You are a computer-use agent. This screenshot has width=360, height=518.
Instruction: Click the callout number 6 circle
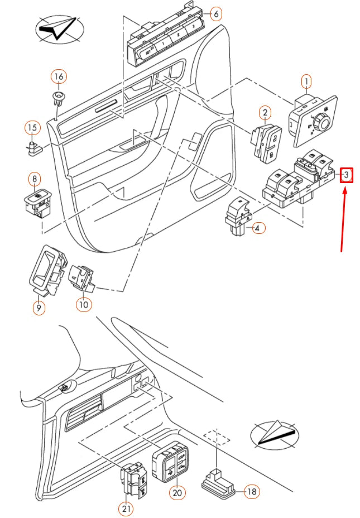tap(216, 13)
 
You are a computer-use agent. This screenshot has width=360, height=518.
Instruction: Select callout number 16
tap(59, 76)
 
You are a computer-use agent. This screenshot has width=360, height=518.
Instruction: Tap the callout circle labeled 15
tap(33, 128)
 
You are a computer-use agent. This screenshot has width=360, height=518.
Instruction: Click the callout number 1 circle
tap(306, 82)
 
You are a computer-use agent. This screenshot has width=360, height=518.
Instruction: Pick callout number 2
tap(265, 113)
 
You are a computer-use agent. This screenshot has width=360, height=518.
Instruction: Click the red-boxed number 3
tap(347, 176)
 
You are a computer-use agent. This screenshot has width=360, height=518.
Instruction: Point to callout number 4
tap(257, 228)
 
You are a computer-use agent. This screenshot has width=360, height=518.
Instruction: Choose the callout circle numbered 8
tap(35, 179)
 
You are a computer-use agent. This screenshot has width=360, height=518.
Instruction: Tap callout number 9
tap(39, 307)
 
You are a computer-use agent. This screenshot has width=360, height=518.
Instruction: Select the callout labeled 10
tap(84, 305)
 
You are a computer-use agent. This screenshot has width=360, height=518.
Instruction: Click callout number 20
tap(178, 492)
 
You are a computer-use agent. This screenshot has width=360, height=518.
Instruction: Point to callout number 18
tap(252, 492)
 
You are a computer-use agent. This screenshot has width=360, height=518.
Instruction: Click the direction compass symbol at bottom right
tap(274, 434)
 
